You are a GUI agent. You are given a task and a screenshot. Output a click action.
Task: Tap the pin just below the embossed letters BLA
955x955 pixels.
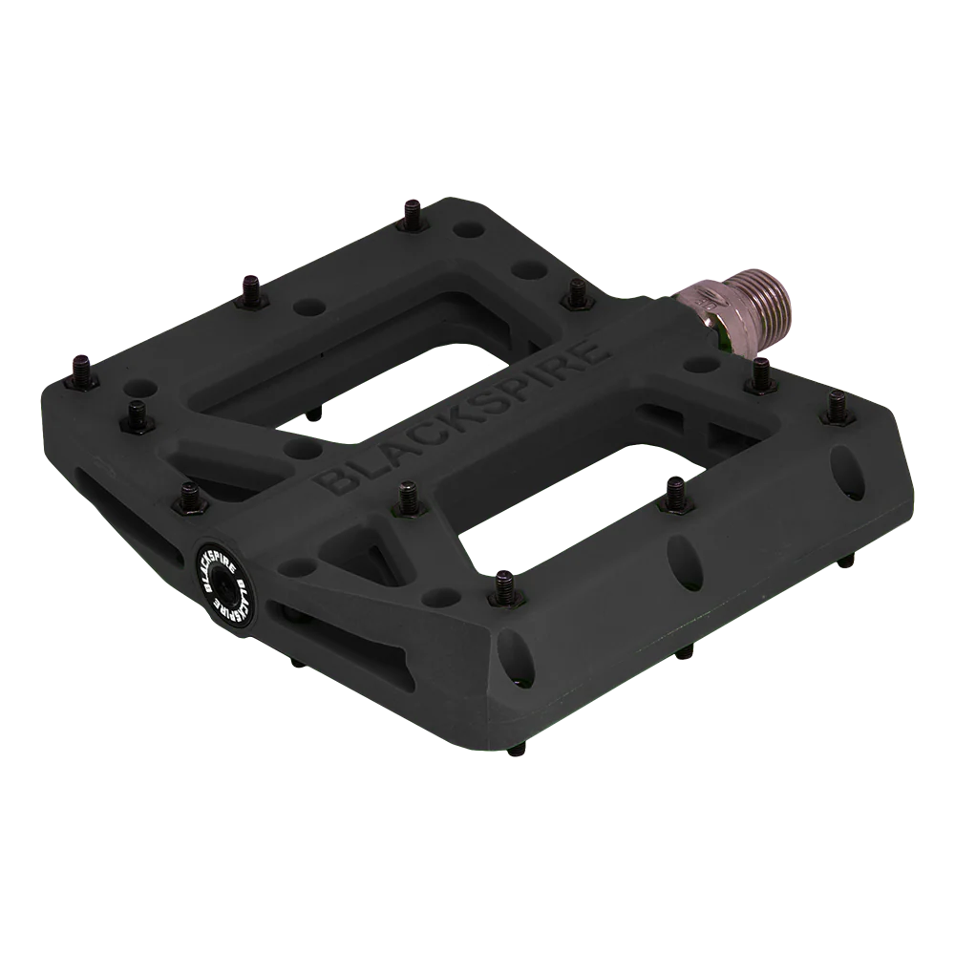[x=406, y=494]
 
